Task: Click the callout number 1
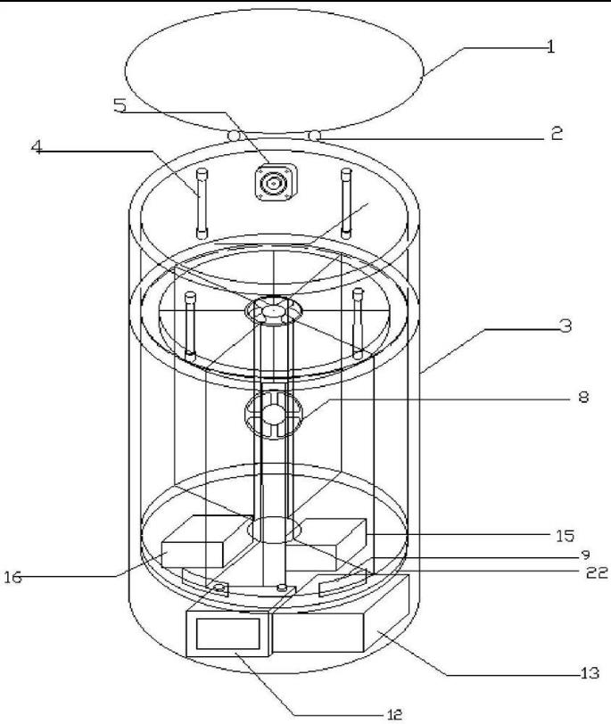[x=550, y=46]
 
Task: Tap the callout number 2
[x=557, y=133]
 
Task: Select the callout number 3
[x=565, y=325]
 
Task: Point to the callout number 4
[x=37, y=147]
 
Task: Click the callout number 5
[x=120, y=105]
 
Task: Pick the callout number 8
[x=583, y=397]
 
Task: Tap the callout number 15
[x=565, y=536]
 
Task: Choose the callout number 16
[x=12, y=577]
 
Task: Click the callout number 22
[x=597, y=573]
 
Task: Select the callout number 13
[x=590, y=673]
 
